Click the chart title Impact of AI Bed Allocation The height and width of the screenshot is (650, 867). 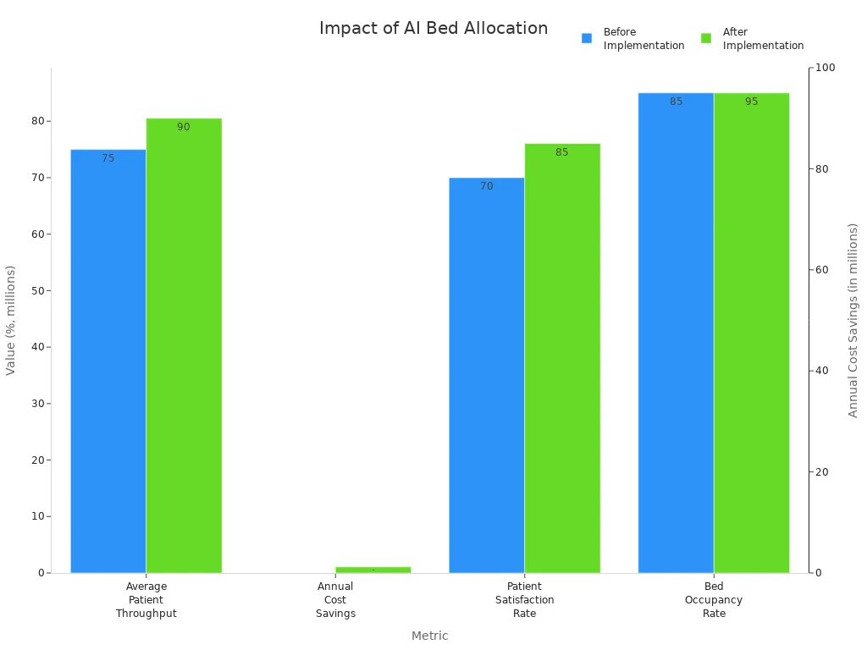[433, 28]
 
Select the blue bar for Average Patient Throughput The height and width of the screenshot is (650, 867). [108, 364]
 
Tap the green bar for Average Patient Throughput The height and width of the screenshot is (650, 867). [184, 347]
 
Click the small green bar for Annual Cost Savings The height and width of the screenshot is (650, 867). [373, 570]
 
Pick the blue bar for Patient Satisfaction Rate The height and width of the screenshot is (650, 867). [486, 377]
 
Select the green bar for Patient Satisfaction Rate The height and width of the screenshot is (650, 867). [562, 360]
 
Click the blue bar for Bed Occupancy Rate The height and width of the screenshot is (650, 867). [676, 334]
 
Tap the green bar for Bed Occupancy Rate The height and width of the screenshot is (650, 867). [751, 334]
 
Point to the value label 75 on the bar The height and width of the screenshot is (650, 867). [108, 158]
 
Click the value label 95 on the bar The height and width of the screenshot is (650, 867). [751, 102]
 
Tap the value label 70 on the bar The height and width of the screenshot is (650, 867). [486, 186]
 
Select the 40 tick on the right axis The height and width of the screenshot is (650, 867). [821, 371]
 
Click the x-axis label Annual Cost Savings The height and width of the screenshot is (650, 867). [335, 599]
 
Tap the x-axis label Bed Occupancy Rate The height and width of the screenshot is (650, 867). [713, 599]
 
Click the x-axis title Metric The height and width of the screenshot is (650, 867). [429, 636]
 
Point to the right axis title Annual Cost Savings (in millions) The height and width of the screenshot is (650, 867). [853, 320]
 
